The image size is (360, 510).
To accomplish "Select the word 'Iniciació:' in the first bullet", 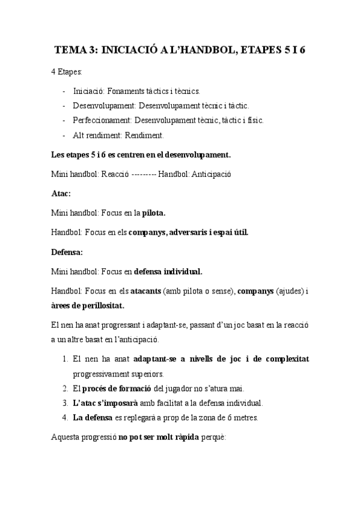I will pos(90,91).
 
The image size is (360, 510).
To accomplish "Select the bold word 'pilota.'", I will pos(153,212).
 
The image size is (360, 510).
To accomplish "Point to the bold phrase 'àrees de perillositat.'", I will pos(88,306).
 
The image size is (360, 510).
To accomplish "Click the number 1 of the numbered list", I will pos(64,359).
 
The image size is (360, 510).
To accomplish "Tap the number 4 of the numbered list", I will pos(64,417).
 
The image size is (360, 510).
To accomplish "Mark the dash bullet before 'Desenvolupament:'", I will pos(64,105).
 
